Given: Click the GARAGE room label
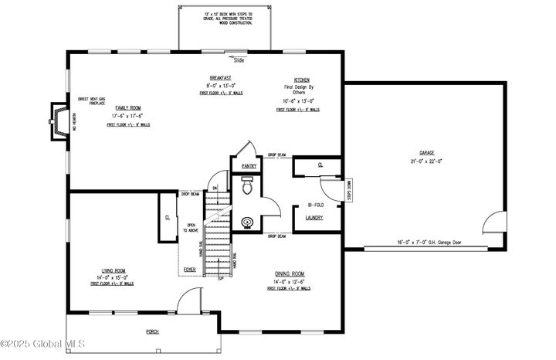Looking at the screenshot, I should coord(422,153).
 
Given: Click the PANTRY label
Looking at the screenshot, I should coord(249,166).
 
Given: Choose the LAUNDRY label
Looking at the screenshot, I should coord(314,218).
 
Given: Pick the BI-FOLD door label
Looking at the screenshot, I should coord(314,205).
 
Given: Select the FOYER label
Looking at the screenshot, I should coord(189,270).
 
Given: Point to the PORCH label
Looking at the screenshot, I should coord(152,331).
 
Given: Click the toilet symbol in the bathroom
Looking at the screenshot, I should coord(247,187).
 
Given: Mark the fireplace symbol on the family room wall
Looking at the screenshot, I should coord(56,121).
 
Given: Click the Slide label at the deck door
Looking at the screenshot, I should coord(239,59).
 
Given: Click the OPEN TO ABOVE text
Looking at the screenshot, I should coord(191,228).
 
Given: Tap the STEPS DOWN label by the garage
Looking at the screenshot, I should coord(349,190).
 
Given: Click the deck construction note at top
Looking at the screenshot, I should coord(227,19).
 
